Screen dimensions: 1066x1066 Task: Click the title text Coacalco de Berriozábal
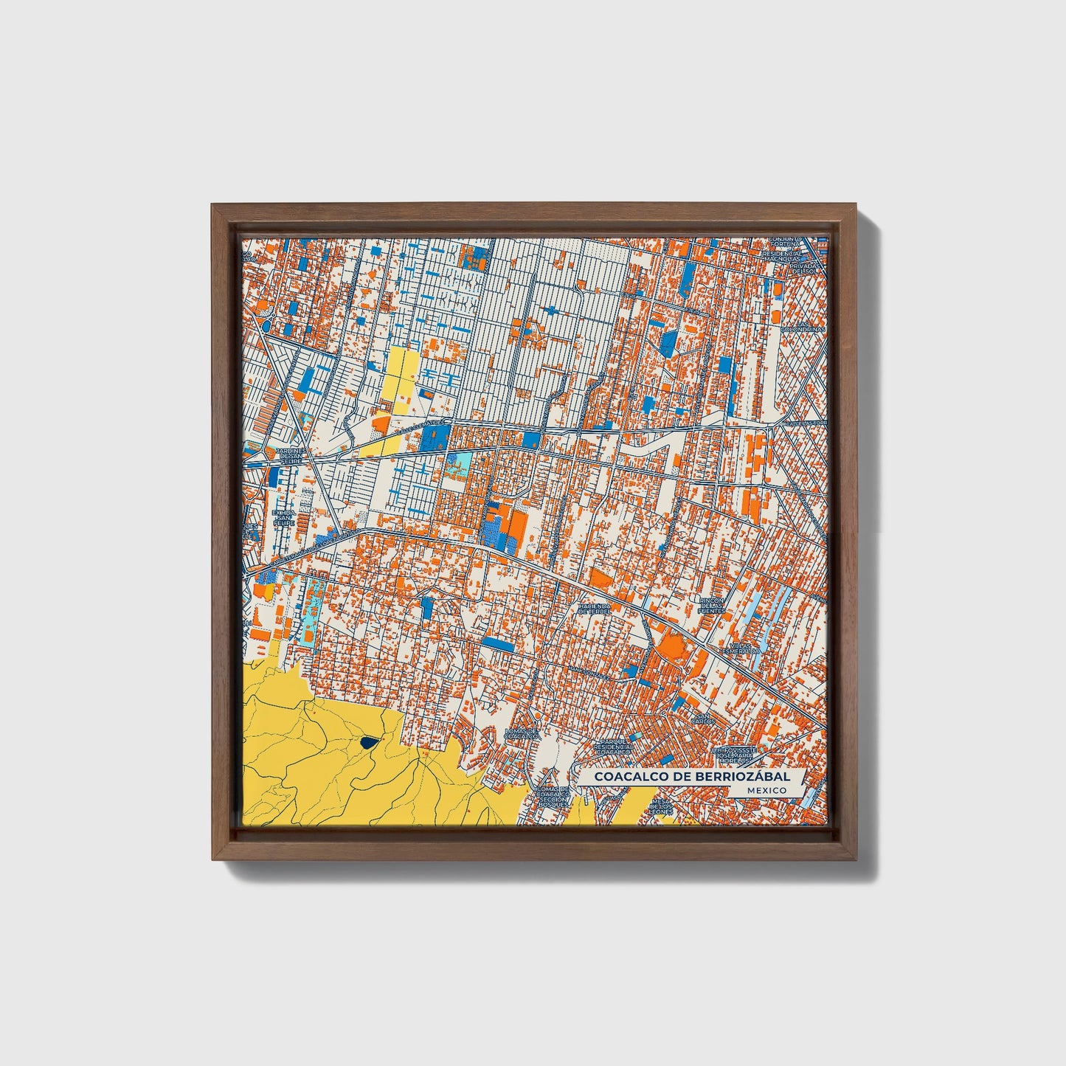[692, 777]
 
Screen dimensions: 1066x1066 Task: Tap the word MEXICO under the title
[765, 790]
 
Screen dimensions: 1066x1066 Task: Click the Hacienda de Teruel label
[595, 607]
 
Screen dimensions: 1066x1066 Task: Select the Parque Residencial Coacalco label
[614, 747]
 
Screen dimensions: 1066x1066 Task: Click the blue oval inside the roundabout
[266, 322]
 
